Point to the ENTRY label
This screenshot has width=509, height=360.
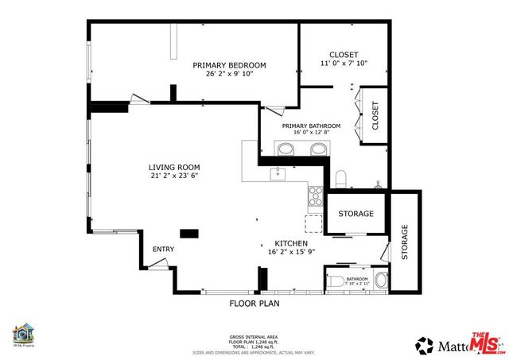(163, 250)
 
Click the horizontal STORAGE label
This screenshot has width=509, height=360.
(356, 215)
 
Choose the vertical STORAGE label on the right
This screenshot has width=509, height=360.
(404, 242)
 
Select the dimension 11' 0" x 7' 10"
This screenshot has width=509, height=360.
(343, 64)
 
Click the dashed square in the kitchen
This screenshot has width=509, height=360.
(314, 223)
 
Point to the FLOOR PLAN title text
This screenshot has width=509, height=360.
(254, 303)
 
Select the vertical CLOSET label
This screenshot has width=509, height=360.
(375, 117)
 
